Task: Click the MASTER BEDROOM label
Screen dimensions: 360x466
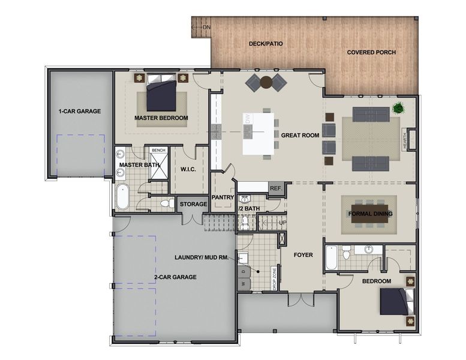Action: pyautogui.click(x=161, y=118)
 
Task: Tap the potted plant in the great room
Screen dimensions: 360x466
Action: pyautogui.click(x=397, y=109)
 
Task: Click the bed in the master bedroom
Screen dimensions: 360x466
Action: pyautogui.click(x=161, y=93)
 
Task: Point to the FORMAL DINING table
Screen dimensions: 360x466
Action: pyautogui.click(x=370, y=214)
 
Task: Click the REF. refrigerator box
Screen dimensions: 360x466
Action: pyautogui.click(x=276, y=188)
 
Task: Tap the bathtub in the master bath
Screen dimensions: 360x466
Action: pyautogui.click(x=122, y=197)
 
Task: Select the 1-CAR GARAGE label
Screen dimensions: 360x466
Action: pyautogui.click(x=79, y=112)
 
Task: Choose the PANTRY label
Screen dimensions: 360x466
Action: pyautogui.click(x=222, y=197)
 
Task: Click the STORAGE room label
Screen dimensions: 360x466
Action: pyautogui.click(x=193, y=205)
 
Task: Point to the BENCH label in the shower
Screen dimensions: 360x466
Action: pyautogui.click(x=158, y=151)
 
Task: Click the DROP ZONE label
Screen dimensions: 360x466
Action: pyautogui.click(x=275, y=279)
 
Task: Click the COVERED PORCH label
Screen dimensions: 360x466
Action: pyautogui.click(x=372, y=52)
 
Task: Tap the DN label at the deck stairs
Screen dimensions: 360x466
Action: pyautogui.click(x=206, y=28)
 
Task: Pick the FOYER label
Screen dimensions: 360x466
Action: pyautogui.click(x=303, y=255)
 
